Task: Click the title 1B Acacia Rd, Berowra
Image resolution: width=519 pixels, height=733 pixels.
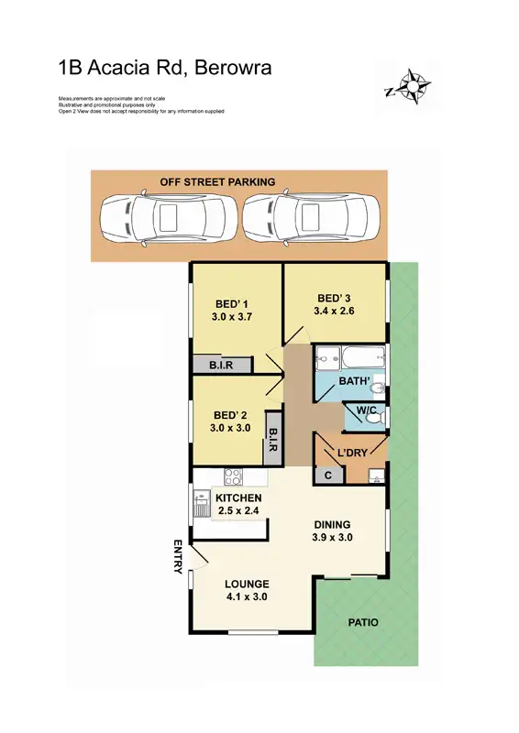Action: click(164, 67)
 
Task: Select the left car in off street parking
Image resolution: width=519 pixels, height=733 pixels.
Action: click(168, 216)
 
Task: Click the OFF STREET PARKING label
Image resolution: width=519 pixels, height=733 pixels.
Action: click(217, 181)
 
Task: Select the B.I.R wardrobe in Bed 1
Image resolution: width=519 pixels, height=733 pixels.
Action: click(221, 365)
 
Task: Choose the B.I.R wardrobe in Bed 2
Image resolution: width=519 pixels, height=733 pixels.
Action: click(272, 437)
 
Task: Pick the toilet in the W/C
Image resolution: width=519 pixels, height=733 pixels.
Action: click(371, 418)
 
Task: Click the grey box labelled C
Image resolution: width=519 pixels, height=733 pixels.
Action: click(328, 475)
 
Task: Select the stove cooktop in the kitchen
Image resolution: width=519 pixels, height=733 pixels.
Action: click(233, 477)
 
